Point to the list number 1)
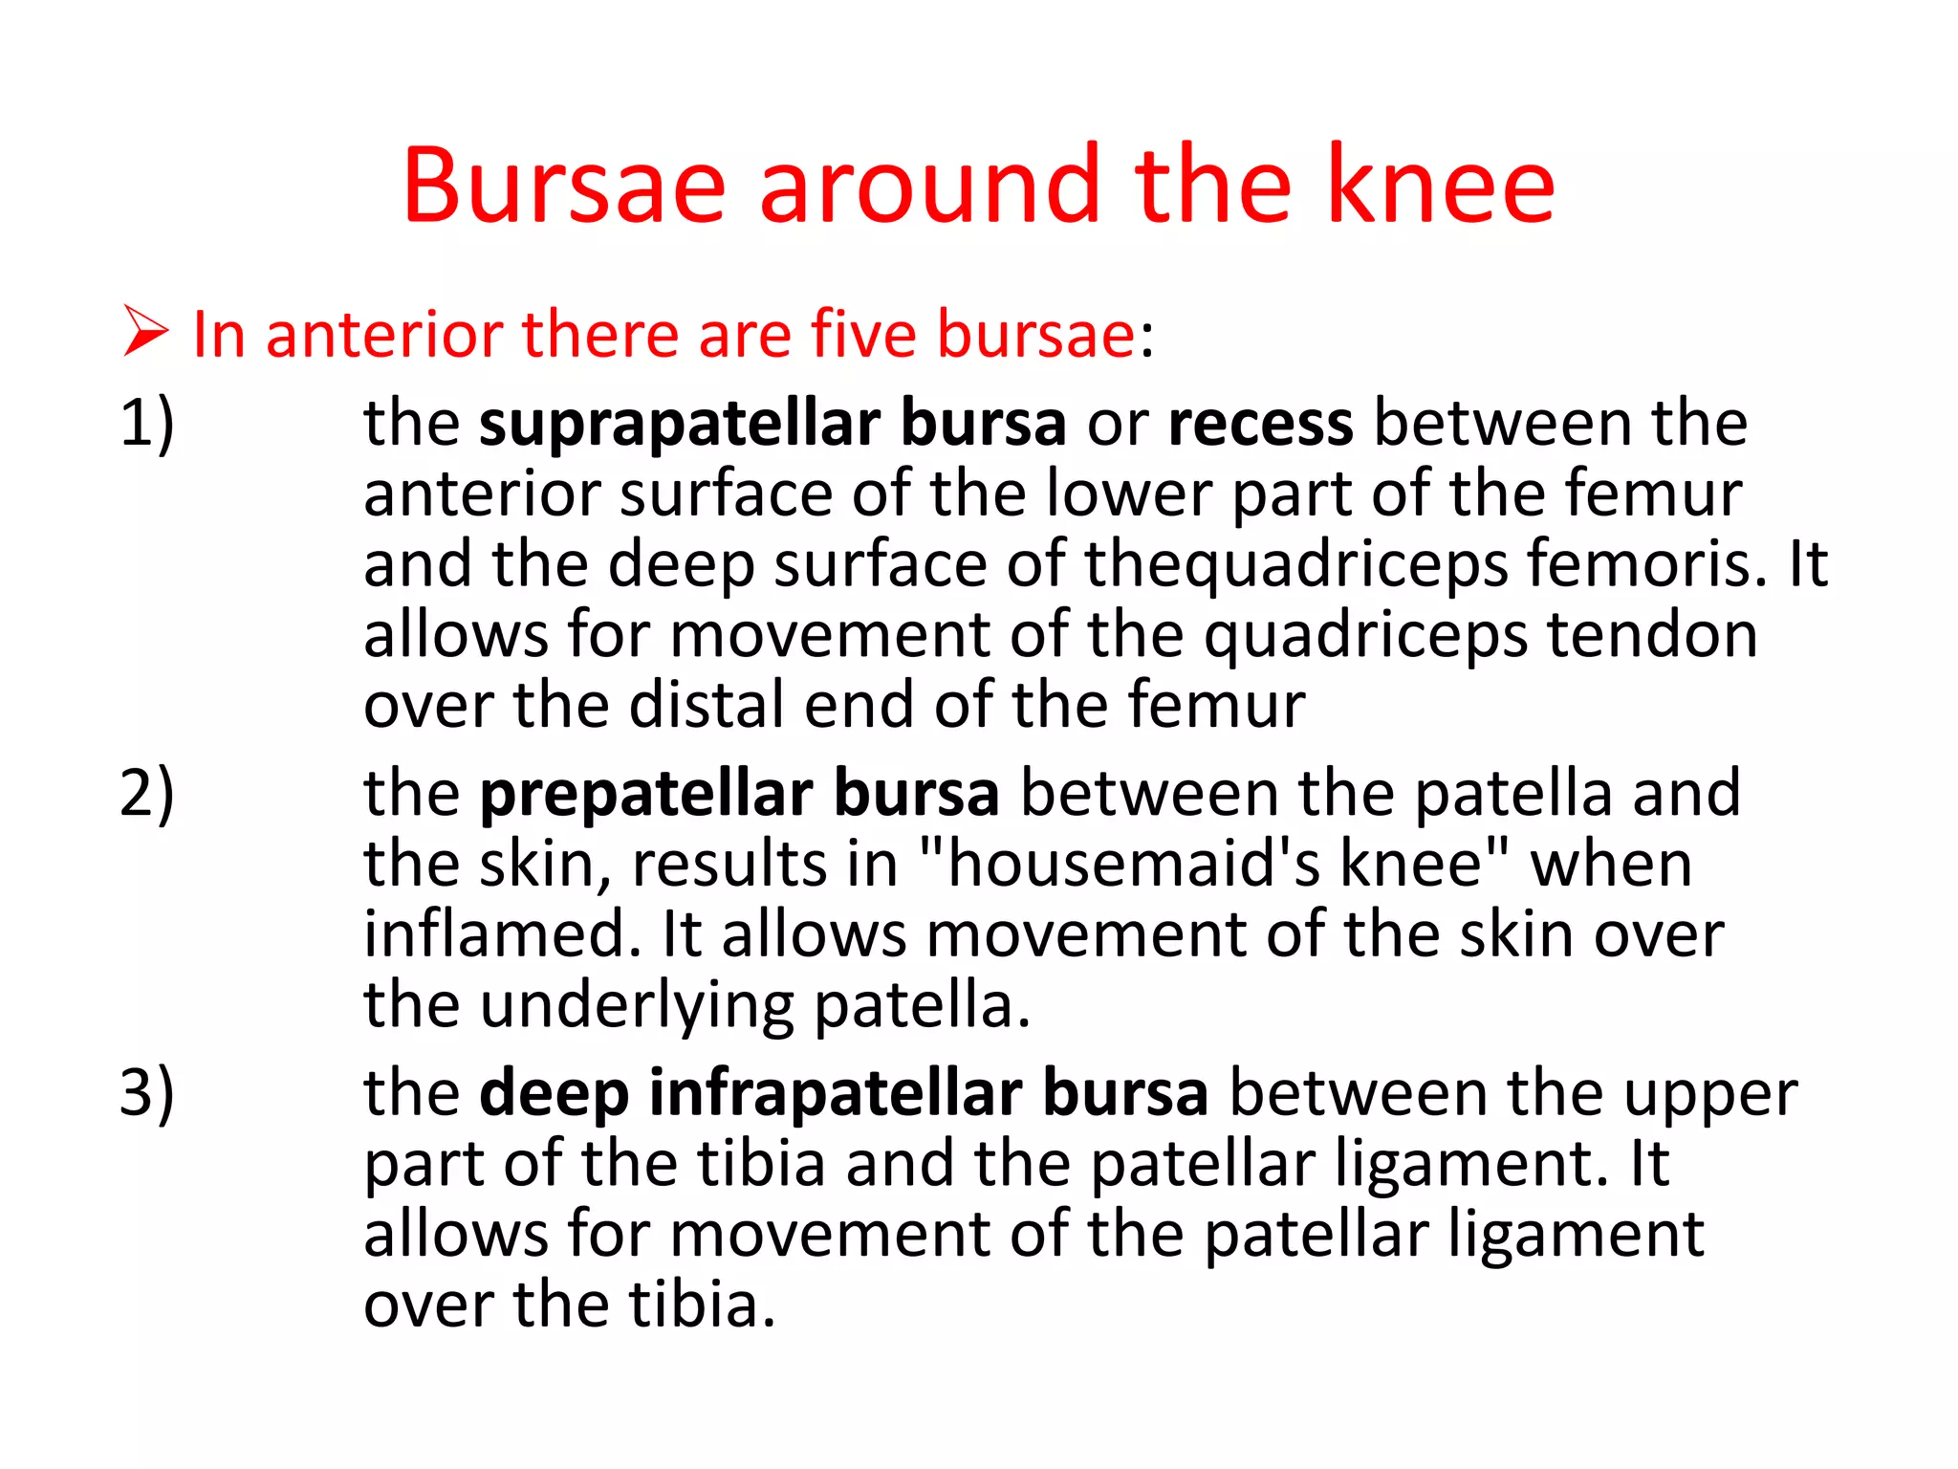[146, 423]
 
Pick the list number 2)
[146, 793]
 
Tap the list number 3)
[146, 1092]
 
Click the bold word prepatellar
[645, 795]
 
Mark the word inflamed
[501, 934]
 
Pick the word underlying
[637, 1007]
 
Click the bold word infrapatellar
[835, 1093]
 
